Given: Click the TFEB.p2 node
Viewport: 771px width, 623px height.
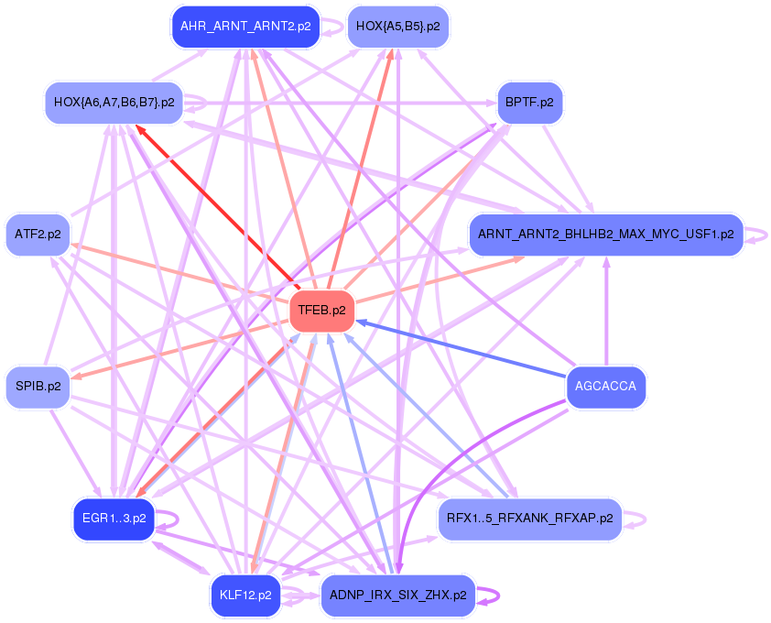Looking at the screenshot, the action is (321, 311).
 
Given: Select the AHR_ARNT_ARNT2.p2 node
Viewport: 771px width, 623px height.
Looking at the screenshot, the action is (245, 27).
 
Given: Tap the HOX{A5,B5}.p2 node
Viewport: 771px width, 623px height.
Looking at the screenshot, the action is (397, 27).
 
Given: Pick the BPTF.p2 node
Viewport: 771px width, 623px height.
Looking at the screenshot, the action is (529, 102).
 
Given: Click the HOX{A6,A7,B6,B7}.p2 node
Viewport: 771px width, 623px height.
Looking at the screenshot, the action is (114, 102).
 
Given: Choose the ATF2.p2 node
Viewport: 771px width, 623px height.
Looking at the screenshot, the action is (38, 234).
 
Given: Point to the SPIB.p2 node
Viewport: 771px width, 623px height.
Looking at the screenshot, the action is (38, 386).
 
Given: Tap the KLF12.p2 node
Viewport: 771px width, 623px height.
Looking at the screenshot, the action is (245, 595).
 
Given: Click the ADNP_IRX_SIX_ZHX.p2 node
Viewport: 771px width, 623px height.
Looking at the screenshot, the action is (397, 595).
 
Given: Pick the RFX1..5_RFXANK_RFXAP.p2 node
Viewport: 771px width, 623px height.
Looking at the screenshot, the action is (530, 519).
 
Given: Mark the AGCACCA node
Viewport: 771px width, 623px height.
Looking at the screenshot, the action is (605, 386).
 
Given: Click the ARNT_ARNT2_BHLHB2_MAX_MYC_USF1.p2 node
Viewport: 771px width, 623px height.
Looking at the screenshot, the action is (605, 234).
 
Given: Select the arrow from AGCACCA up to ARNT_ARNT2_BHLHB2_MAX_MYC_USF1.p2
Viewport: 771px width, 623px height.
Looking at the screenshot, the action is (605, 311).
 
